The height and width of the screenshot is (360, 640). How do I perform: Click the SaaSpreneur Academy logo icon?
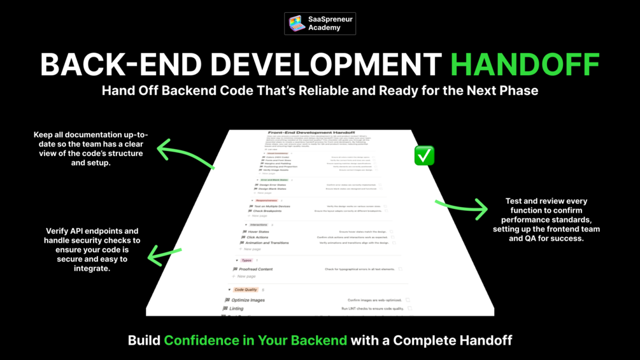click(x=297, y=24)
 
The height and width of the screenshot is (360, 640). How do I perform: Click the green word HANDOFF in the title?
click(x=525, y=64)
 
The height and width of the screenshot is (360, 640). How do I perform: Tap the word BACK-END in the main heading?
click(x=121, y=64)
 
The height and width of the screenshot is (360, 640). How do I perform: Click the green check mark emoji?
click(x=424, y=155)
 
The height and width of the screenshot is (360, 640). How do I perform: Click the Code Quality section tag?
click(x=245, y=290)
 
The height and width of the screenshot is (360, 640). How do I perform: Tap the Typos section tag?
click(x=246, y=261)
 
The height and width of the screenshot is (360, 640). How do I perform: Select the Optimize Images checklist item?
click(x=248, y=300)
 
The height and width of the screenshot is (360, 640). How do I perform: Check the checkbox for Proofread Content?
click(x=401, y=270)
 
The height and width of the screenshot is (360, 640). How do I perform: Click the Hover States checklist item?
click(x=258, y=232)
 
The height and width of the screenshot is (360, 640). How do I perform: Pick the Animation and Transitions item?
click(x=267, y=243)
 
